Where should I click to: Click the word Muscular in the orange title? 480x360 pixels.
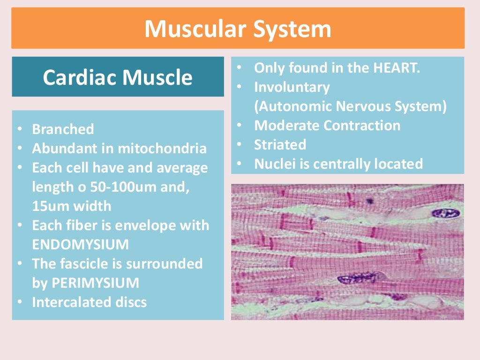(x=195, y=29)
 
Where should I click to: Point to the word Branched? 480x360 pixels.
(x=63, y=129)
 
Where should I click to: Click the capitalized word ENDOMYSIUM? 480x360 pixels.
(x=80, y=244)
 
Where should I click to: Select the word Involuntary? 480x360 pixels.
(x=292, y=87)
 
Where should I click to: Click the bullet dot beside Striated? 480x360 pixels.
(x=239, y=145)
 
